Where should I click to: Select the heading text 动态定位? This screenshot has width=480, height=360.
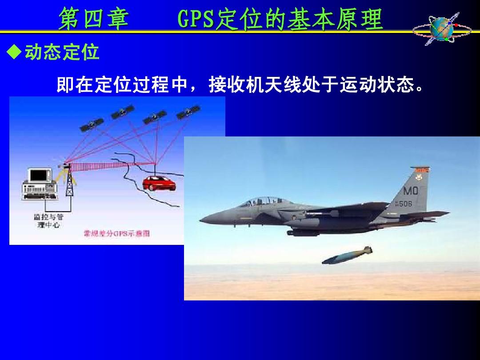tap(62, 53)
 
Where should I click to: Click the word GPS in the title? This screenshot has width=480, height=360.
tap(196, 20)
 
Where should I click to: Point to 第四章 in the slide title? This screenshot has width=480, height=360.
tap(93, 20)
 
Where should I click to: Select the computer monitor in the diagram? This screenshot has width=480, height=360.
tap(40, 178)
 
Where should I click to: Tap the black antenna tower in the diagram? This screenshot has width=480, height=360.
tap(69, 182)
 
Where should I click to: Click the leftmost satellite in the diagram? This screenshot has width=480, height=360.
tap(91, 124)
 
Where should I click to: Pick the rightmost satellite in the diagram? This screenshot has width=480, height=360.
tap(188, 112)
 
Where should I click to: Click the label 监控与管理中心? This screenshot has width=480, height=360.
tap(48, 220)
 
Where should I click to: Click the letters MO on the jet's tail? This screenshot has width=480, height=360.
tap(410, 191)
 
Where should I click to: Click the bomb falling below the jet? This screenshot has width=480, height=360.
tap(347, 256)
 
